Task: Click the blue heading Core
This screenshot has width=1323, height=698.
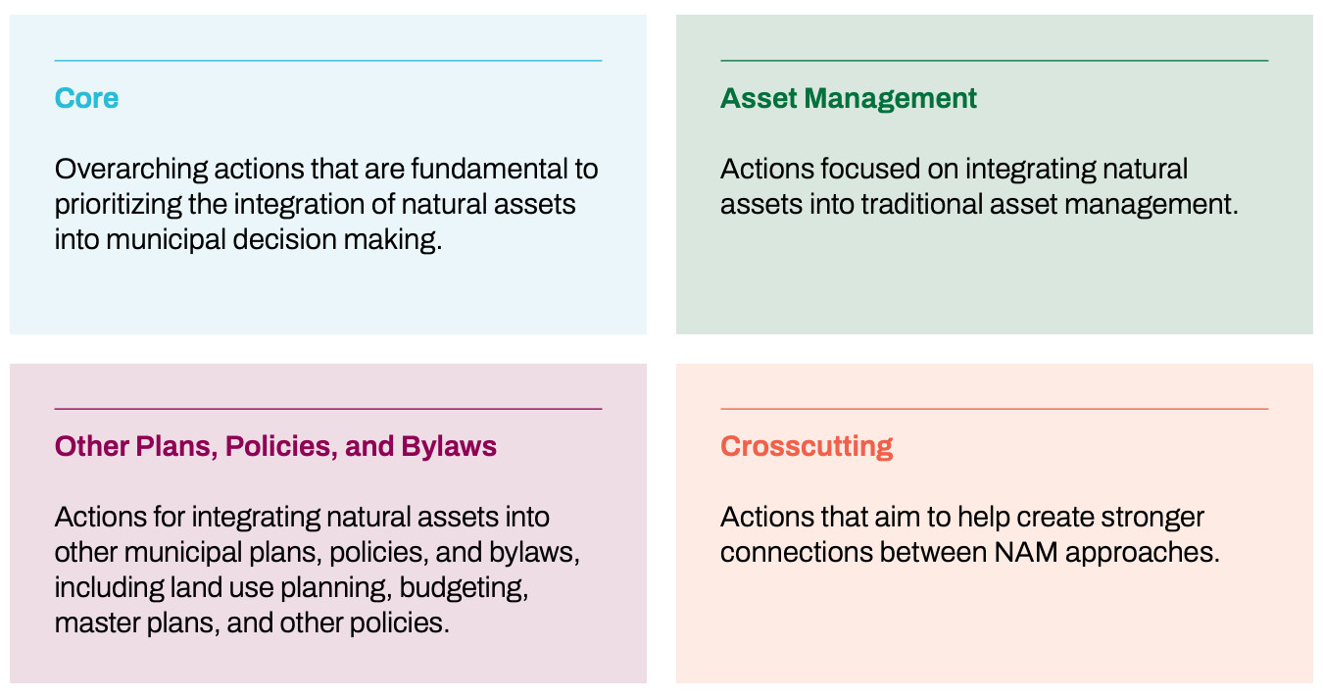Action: [x=86, y=98]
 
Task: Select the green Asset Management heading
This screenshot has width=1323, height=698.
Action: [x=848, y=99]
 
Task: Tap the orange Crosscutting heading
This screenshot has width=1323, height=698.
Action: [x=807, y=447]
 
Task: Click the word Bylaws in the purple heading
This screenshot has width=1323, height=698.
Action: [x=449, y=447]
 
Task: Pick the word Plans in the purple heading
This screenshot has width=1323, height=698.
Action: [x=173, y=447]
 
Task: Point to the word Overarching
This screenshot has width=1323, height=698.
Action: [x=131, y=170]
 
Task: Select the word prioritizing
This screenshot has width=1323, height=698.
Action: [x=119, y=205]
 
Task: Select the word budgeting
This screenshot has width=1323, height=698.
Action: [x=464, y=588]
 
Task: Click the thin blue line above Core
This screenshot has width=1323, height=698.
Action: [x=328, y=60]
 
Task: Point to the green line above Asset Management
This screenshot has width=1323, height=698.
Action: [x=994, y=60]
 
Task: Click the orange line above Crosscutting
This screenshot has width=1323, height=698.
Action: [x=994, y=409]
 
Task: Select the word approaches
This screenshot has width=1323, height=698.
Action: [x=1143, y=554]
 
